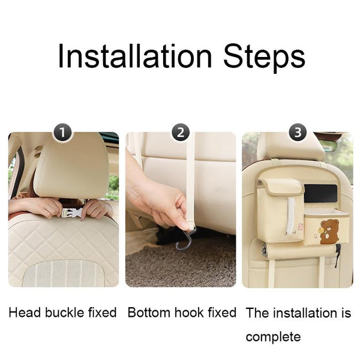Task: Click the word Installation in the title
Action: click(135, 56)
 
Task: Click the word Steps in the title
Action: click(264, 58)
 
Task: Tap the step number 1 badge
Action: click(62, 133)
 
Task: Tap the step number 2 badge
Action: click(181, 133)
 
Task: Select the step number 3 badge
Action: click(298, 133)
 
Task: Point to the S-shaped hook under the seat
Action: click(184, 239)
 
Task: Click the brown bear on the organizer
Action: click(329, 232)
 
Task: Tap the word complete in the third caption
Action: click(273, 337)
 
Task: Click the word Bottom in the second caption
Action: click(149, 313)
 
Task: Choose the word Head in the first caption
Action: click(25, 313)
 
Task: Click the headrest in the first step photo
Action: click(71, 166)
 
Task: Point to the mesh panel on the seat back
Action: click(64, 274)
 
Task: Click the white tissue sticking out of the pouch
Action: click(290, 215)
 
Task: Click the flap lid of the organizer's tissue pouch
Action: click(281, 186)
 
